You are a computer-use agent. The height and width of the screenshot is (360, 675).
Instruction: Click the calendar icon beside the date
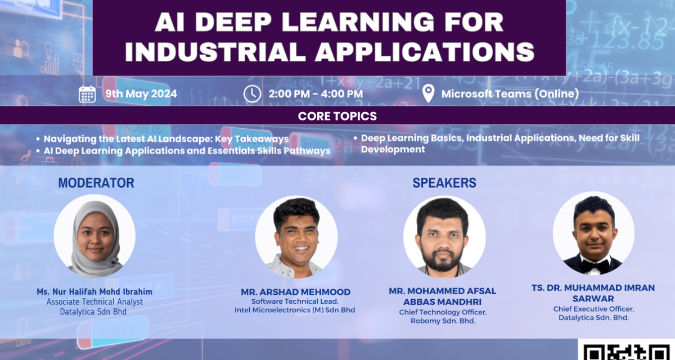(87, 94)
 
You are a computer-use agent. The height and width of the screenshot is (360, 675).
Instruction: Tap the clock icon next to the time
(252, 94)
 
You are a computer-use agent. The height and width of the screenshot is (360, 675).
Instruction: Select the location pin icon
(428, 93)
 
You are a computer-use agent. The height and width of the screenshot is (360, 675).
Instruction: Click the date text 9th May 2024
(141, 94)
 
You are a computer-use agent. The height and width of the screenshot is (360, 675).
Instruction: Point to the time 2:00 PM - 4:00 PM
(316, 94)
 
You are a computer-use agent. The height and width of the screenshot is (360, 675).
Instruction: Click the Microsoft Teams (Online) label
(510, 94)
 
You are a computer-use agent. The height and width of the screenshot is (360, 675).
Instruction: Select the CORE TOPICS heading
(337, 116)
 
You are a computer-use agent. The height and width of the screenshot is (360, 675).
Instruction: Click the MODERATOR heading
(96, 183)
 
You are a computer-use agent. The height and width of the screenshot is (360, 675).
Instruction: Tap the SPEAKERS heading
(444, 183)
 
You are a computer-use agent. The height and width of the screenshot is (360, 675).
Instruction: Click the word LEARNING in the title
(358, 22)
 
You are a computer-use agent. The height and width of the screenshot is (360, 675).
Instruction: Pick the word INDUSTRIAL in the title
(215, 52)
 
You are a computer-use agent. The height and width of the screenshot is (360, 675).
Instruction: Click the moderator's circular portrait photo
(94, 236)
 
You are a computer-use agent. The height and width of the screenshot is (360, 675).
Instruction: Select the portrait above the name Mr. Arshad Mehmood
(296, 237)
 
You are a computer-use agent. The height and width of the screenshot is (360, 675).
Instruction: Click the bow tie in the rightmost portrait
(594, 265)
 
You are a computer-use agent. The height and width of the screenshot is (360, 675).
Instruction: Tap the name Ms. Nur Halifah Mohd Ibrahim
(94, 291)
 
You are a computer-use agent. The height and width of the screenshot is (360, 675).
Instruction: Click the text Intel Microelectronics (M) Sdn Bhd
(295, 310)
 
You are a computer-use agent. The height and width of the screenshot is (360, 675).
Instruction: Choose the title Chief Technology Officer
(443, 312)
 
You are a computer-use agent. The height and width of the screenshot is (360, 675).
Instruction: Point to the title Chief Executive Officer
(593, 309)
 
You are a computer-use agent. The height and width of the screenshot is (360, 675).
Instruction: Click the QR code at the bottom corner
(627, 351)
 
